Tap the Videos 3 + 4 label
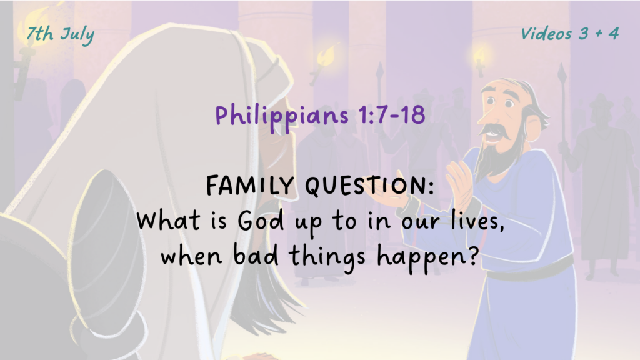point(570,34)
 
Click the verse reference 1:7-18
point(392,115)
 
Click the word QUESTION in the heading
point(369,186)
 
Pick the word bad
point(256,256)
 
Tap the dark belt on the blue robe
point(530,267)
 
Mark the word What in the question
point(168,221)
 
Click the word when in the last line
point(191,256)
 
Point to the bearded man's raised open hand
point(461,182)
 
